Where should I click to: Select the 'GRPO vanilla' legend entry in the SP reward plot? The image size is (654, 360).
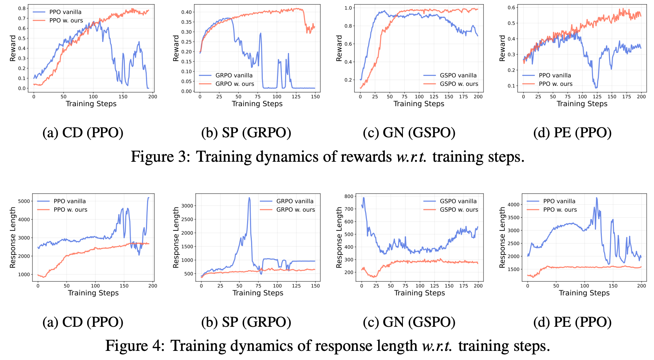234,75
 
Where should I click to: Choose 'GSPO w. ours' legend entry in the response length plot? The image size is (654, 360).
459,210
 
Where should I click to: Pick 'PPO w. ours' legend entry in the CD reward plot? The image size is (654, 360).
66,20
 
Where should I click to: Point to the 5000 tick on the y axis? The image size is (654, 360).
24,201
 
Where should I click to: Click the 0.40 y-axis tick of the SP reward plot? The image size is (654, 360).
186,12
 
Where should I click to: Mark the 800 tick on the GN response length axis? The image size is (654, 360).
349,196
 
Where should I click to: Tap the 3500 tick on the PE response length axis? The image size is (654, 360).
513,218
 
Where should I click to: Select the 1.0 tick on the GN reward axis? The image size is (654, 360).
348,8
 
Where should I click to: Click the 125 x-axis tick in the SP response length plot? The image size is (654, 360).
296,286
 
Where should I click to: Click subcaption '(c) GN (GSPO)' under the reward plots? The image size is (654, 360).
409,133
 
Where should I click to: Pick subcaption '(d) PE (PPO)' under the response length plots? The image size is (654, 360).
572,322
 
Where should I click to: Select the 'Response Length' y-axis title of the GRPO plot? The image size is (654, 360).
176,237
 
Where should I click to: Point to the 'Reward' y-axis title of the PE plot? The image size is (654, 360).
503,48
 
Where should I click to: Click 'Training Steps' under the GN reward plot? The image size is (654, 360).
419,104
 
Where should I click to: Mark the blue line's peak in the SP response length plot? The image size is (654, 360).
249,198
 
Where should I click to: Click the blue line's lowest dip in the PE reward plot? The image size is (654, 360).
596,88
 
